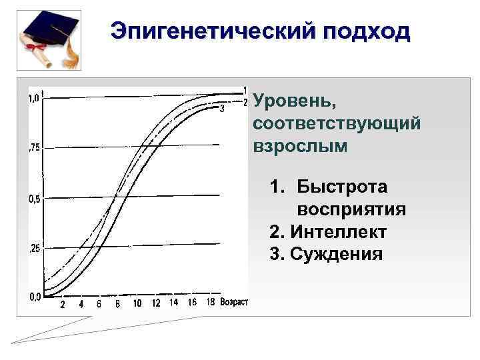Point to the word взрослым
(300, 145)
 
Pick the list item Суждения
(335, 254)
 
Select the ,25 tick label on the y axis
(33, 249)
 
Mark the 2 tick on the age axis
(62, 305)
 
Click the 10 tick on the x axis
(137, 304)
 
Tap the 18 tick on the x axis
(210, 303)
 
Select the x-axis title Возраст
(234, 303)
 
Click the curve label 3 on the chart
(221, 109)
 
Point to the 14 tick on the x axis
(174, 303)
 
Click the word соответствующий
(337, 124)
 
